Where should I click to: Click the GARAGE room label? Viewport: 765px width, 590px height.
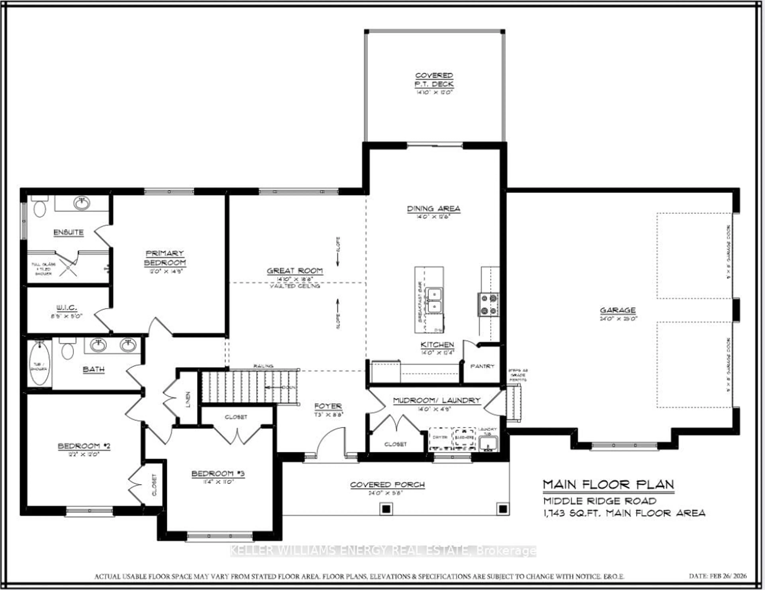coord(618,310)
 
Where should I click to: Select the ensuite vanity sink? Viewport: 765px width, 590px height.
coord(82,203)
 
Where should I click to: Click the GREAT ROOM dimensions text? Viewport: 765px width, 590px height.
coord(295,279)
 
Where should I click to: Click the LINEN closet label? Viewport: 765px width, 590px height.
coord(188,399)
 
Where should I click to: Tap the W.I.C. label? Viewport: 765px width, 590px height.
coord(67,308)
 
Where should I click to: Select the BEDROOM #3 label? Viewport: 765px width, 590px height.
coord(218,474)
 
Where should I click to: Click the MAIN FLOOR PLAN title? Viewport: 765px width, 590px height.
coord(608,485)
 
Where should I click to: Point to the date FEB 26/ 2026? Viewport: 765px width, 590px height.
coord(718,576)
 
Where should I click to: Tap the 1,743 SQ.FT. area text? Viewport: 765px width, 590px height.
coord(624,513)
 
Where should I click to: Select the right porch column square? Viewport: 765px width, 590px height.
coord(502,508)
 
